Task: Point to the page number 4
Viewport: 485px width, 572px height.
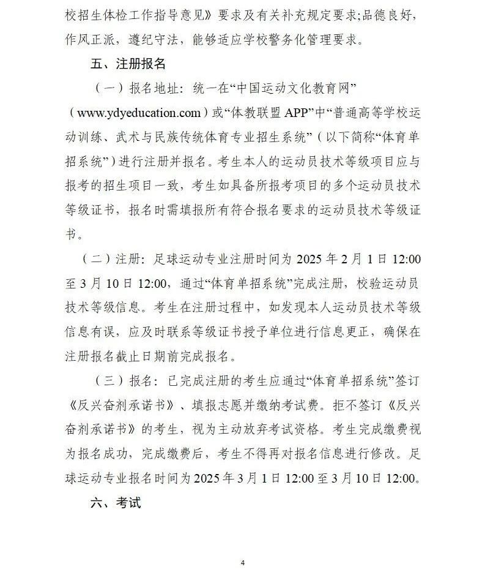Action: [x=243, y=562]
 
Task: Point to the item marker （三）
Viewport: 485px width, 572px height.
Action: [x=108, y=380]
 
